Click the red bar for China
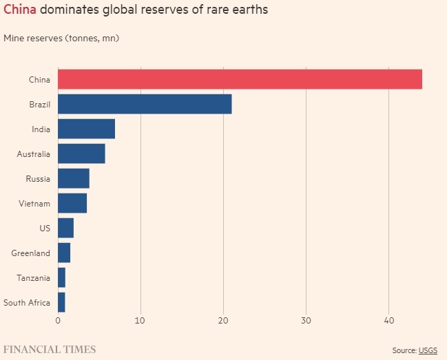pyautogui.click(x=240, y=79)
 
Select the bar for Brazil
pyautogui.click(x=145, y=104)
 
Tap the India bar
pyautogui.click(x=86, y=129)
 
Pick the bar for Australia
pyautogui.click(x=81, y=153)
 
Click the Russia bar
pyautogui.click(x=74, y=178)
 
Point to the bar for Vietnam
pyautogui.click(x=72, y=203)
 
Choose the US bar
pyautogui.click(x=65, y=228)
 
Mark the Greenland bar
pyautogui.click(x=64, y=253)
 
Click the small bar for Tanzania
pyautogui.click(x=61, y=277)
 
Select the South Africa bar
pyautogui.click(x=61, y=302)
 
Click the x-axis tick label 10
pyautogui.click(x=141, y=320)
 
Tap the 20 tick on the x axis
pyautogui.click(x=223, y=320)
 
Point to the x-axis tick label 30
pyautogui.click(x=306, y=320)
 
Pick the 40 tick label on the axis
pyautogui.click(x=388, y=320)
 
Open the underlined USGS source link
pyautogui.click(x=428, y=350)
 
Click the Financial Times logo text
pyautogui.click(x=50, y=349)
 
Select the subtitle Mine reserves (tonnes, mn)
pyautogui.click(x=61, y=38)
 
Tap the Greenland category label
pyautogui.click(x=31, y=253)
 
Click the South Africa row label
pyautogui.click(x=27, y=302)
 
